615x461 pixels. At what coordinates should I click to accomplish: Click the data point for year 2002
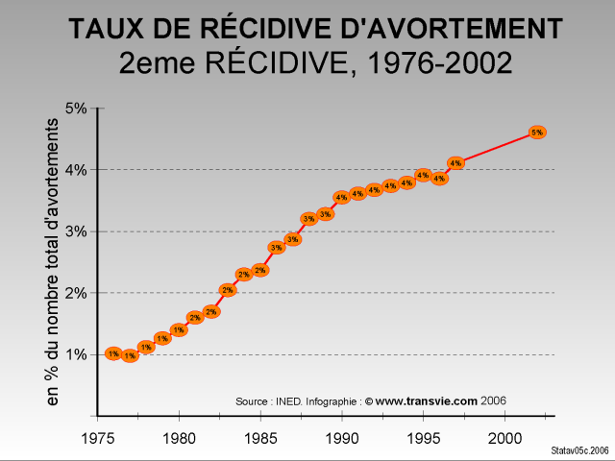point(537,132)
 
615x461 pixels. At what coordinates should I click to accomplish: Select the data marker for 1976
point(113,353)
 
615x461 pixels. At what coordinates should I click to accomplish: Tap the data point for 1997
point(455,163)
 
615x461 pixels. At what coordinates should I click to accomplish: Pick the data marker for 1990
point(341,197)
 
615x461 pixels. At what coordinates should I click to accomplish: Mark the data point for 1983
point(227,289)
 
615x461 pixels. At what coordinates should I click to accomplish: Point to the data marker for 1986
point(276,248)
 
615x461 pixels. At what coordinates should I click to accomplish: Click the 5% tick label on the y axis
point(75,109)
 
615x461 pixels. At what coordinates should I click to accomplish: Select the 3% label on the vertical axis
point(75,231)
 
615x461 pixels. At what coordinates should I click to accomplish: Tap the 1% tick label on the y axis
point(75,354)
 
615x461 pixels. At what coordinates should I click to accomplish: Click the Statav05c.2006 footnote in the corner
point(580,450)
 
